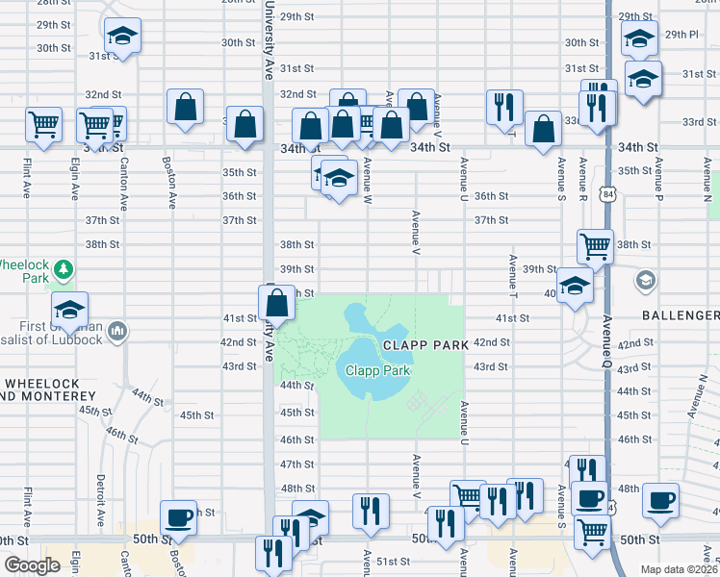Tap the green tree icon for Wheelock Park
click(x=63, y=269)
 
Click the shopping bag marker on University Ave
click(x=276, y=302)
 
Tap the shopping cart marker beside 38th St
click(x=595, y=246)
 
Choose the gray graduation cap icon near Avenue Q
click(x=644, y=281)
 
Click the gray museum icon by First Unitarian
click(x=116, y=331)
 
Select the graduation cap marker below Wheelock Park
click(x=69, y=310)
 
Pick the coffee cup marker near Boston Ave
click(x=178, y=517)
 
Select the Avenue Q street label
click(x=607, y=341)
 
